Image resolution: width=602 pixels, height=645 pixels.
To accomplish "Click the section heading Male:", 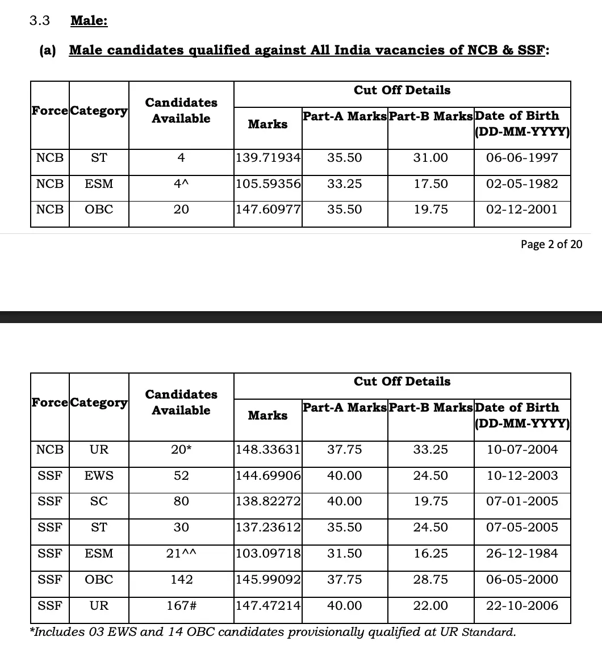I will click(x=89, y=21).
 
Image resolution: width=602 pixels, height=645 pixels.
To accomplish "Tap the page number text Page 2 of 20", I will click(x=551, y=244).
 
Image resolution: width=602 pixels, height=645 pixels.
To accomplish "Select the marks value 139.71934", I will click(x=268, y=158).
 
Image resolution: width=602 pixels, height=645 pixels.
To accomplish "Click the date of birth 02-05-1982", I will click(x=522, y=184).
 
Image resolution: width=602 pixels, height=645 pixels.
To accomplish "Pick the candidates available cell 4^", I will click(x=181, y=184).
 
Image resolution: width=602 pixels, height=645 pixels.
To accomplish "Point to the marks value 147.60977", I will click(x=268, y=210).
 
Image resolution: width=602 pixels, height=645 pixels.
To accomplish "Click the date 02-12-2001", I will click(x=522, y=210).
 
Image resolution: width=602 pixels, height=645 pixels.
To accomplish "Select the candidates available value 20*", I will click(x=181, y=450).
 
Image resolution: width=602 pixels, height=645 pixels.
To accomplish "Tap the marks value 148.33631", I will click(x=268, y=450).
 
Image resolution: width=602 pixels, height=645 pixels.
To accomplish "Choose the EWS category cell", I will click(x=99, y=476).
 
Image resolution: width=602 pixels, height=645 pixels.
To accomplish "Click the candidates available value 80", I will click(x=181, y=501).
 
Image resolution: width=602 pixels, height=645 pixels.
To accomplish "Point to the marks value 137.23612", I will click(x=268, y=527).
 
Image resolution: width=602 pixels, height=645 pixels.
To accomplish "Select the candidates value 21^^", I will click(x=181, y=554).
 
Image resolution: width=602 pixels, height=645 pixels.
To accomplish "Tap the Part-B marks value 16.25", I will click(x=430, y=554).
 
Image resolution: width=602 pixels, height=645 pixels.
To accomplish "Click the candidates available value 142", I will click(x=181, y=580).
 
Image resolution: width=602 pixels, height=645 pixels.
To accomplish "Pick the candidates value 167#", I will click(x=181, y=606).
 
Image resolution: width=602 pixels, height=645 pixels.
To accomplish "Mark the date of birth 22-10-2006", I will click(x=522, y=606).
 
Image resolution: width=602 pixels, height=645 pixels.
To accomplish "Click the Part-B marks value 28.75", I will click(x=430, y=580).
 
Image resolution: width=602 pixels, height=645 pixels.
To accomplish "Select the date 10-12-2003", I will click(x=522, y=476).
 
